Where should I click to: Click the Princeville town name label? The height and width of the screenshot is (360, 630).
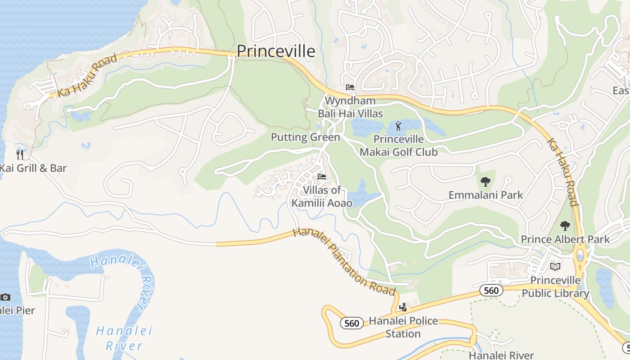tap(276, 51)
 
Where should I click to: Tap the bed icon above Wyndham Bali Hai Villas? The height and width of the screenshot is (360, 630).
tap(350, 87)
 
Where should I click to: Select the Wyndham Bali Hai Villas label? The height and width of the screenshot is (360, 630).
tap(350, 107)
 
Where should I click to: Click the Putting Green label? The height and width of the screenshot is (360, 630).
tap(305, 137)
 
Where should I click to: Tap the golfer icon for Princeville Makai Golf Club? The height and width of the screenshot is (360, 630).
tap(398, 126)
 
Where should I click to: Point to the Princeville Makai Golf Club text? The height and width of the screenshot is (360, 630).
tap(398, 146)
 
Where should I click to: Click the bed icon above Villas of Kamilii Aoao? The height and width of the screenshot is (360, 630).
tap(322, 177)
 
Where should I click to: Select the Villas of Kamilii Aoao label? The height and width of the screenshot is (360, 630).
tap(322, 197)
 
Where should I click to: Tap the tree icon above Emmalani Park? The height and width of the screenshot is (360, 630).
tap(485, 182)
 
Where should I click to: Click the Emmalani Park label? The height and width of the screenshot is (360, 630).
tap(486, 195)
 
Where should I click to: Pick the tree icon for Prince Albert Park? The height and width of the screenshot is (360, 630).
tap(565, 225)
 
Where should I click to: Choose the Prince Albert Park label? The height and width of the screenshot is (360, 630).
tap(565, 239)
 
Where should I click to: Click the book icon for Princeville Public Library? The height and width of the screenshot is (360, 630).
tap(555, 267)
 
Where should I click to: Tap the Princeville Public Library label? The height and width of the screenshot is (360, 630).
tap(555, 287)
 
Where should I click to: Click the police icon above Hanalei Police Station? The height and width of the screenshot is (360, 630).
tap(403, 307)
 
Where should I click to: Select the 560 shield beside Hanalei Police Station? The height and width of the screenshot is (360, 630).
tap(351, 323)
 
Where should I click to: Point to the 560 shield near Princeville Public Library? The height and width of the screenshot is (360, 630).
tap(491, 291)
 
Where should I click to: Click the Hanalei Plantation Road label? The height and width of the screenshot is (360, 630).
tap(344, 261)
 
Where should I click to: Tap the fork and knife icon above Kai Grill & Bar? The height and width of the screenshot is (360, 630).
tap(20, 155)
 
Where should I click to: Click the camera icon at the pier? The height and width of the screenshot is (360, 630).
tap(5, 297)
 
